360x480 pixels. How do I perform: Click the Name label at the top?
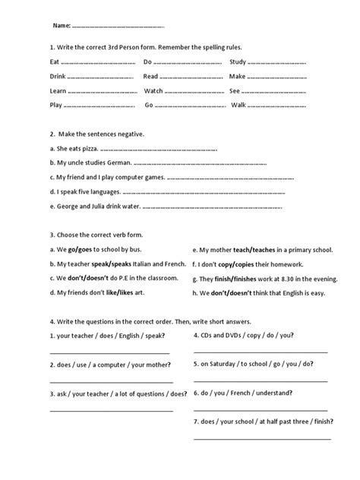click(61, 25)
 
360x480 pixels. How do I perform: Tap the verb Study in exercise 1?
click(238, 62)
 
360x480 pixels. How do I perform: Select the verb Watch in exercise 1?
click(154, 90)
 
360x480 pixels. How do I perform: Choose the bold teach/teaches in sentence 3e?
click(261, 249)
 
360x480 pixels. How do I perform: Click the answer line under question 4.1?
click(109, 352)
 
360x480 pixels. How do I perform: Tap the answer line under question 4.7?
click(262, 439)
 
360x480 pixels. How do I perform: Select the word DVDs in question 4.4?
click(238, 335)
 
